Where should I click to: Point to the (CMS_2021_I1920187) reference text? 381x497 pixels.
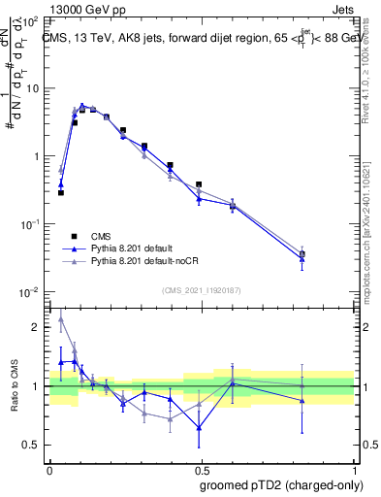202,290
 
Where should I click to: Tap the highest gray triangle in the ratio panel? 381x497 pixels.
61,318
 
